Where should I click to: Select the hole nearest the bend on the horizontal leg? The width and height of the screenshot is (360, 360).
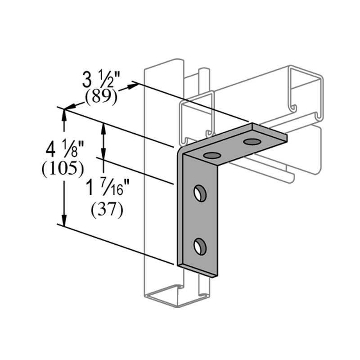(x=211, y=156)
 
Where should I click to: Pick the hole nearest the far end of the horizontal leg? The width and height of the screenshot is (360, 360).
(x=252, y=142)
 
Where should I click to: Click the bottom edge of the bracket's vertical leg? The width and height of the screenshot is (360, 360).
(x=198, y=270)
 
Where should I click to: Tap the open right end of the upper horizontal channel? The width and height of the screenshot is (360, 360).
(x=306, y=94)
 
